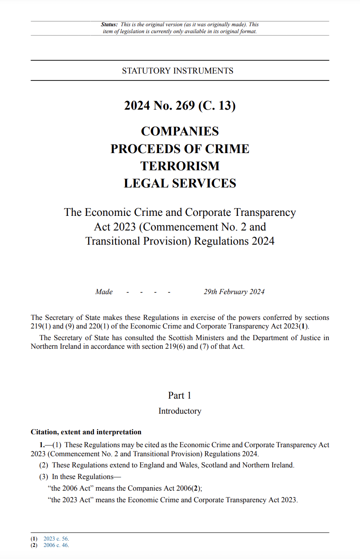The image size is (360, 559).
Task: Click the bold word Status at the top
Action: (x=109, y=25)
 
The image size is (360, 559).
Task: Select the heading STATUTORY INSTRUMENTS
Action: (x=178, y=71)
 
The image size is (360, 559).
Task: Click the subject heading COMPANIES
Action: (x=180, y=131)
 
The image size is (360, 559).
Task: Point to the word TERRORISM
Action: (x=180, y=166)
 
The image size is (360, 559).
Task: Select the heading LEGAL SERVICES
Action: (x=180, y=184)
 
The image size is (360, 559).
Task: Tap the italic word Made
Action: (x=104, y=292)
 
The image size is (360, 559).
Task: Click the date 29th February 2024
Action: (x=234, y=292)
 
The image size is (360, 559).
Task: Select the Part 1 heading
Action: (x=180, y=396)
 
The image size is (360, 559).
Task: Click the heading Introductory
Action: (x=180, y=411)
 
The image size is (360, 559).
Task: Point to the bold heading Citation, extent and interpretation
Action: (x=86, y=432)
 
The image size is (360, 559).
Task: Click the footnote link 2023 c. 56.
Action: (x=56, y=539)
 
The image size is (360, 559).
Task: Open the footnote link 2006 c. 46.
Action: (x=56, y=545)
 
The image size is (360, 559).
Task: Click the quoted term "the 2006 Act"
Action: (x=71, y=488)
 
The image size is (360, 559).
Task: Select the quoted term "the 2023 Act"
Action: (x=71, y=500)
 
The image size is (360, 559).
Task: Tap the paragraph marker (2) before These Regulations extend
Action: (x=43, y=465)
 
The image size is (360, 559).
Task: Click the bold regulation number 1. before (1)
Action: (x=42, y=445)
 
